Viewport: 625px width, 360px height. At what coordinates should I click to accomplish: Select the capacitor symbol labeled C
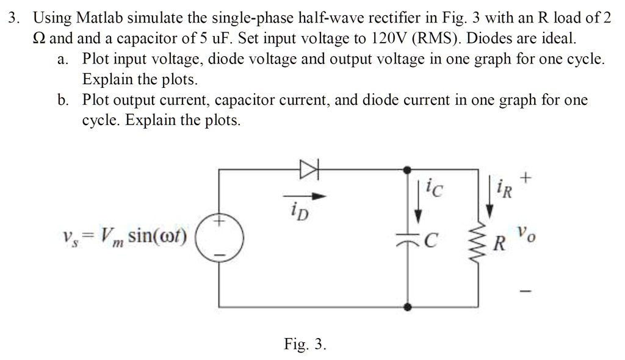[x=417, y=242]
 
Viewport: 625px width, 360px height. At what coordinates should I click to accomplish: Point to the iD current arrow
[x=309, y=196]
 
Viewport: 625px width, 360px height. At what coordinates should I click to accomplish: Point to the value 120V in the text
[x=386, y=39]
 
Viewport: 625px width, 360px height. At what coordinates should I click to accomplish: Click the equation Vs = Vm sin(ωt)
[x=126, y=234]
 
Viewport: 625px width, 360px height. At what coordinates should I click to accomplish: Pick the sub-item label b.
[x=63, y=100]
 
